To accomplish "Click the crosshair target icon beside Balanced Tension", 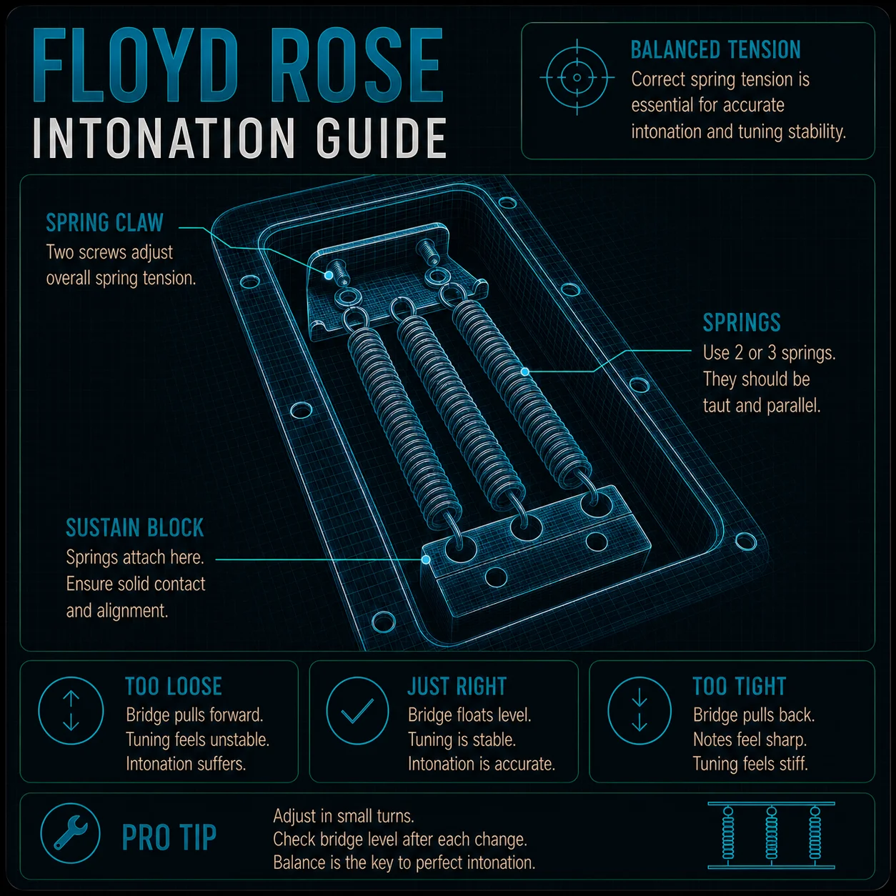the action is click(577, 77).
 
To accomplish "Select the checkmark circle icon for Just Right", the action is click(357, 711).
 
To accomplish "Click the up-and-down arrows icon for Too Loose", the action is click(71, 711).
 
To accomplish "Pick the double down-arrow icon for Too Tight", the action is click(639, 711).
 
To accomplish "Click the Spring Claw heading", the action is click(104, 222).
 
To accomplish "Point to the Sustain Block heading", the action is click(135, 528).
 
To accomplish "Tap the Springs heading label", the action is click(742, 322).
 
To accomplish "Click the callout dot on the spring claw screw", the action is click(329, 275).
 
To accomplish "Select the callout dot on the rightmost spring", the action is click(525, 372).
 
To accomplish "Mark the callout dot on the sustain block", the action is click(425, 559).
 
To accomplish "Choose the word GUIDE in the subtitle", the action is click(382, 138).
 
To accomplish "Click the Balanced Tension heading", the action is click(716, 50).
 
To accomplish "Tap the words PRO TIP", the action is click(169, 837).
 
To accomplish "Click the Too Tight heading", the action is click(740, 687).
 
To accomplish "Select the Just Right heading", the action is click(457, 687).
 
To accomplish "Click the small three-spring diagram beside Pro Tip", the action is click(771, 835).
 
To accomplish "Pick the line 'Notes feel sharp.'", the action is click(750, 739).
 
